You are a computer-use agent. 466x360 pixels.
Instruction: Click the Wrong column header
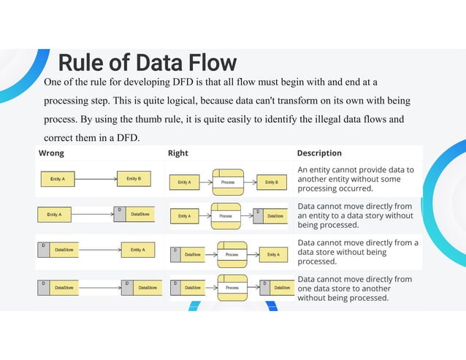point(51,153)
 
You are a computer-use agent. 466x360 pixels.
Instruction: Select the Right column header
point(178,153)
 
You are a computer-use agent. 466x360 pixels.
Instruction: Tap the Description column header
point(319,153)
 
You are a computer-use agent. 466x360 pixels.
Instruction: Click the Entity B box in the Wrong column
point(134,179)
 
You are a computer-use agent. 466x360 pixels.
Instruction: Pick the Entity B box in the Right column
point(272,182)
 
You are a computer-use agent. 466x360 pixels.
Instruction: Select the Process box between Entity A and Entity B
point(228,182)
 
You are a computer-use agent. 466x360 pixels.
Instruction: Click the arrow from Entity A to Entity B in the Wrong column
point(96,179)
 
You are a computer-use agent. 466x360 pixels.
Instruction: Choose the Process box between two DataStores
point(232,288)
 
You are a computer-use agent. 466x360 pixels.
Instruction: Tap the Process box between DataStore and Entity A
point(232,254)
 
